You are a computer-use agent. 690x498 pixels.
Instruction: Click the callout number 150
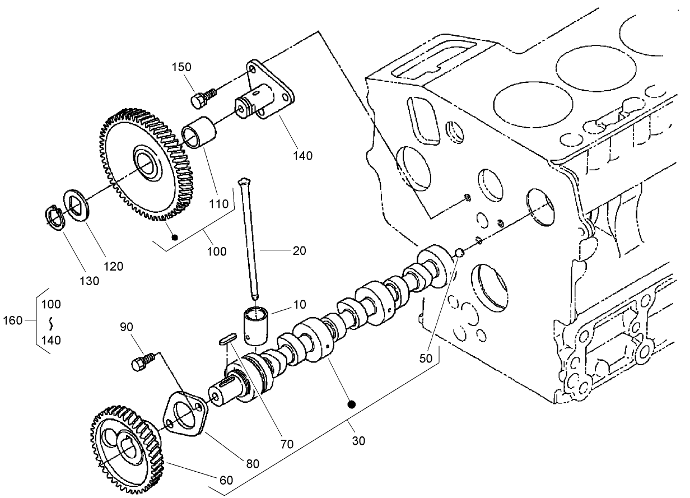(x=181, y=67)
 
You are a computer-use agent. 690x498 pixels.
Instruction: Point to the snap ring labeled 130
(x=54, y=216)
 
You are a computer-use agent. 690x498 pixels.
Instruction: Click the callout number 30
(x=358, y=441)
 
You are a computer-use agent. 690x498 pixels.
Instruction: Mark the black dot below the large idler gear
(x=175, y=237)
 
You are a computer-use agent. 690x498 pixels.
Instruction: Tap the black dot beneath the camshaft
(x=352, y=403)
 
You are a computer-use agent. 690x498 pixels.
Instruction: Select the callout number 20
(x=299, y=250)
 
